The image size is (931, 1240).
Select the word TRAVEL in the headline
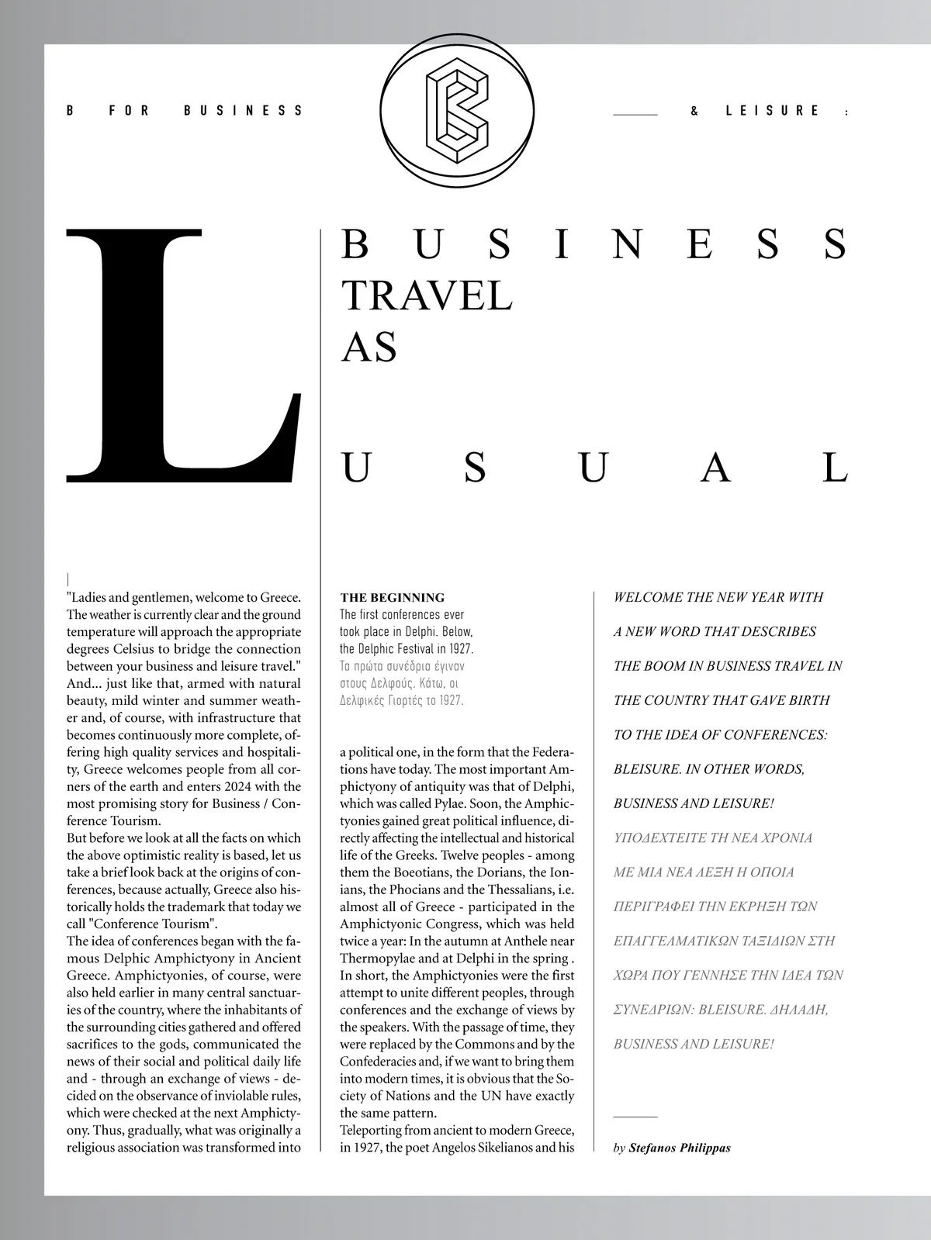click(x=427, y=295)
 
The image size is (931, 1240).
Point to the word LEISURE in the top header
click(x=773, y=111)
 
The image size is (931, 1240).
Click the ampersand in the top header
click(x=694, y=111)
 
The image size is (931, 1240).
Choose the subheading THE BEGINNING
click(x=393, y=597)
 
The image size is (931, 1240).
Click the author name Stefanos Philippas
click(x=680, y=1148)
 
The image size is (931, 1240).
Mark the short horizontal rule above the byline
click(x=635, y=1117)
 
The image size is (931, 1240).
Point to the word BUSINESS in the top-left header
click(x=243, y=111)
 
